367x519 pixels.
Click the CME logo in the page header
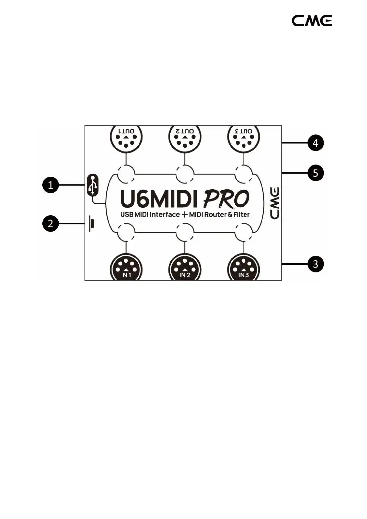(x=312, y=21)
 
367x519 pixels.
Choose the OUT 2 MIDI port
(x=185, y=139)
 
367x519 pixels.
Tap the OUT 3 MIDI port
(x=243, y=139)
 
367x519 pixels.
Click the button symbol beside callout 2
(x=92, y=224)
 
